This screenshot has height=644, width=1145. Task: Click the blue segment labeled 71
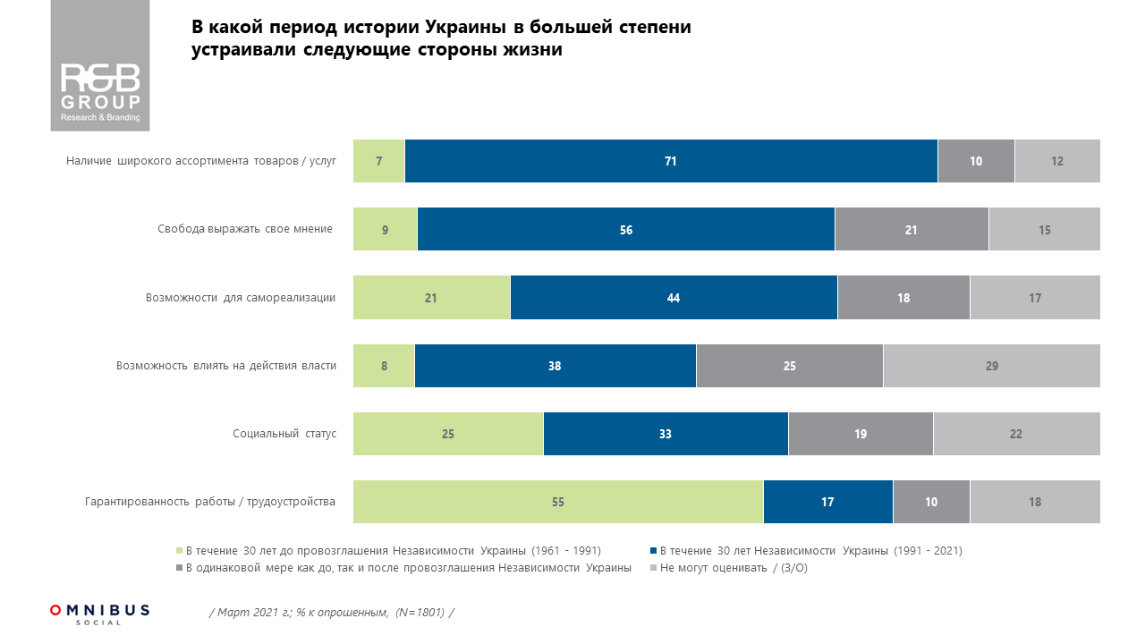[671, 161]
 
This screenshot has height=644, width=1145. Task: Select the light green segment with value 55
[558, 502]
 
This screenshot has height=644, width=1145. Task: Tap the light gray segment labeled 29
[991, 366]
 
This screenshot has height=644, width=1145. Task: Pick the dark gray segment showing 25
[789, 366]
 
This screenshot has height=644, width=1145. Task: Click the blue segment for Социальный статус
[666, 434]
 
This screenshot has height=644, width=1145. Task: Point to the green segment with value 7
[379, 161]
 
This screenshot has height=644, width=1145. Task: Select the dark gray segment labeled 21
[912, 230]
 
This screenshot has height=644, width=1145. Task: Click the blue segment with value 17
[827, 502]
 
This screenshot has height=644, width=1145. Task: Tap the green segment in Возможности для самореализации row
[431, 298]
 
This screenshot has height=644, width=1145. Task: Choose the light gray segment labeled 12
[1057, 161]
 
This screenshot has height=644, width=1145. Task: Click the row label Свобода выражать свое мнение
[244, 230]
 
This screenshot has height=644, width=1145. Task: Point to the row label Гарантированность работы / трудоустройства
[209, 502]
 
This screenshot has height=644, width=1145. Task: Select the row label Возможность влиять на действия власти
[225, 366]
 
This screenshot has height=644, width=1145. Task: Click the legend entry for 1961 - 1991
[392, 551]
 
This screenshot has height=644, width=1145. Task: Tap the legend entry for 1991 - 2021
[810, 551]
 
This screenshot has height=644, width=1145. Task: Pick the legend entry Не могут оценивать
[733, 568]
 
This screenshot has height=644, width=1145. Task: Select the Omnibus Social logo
[100, 614]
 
